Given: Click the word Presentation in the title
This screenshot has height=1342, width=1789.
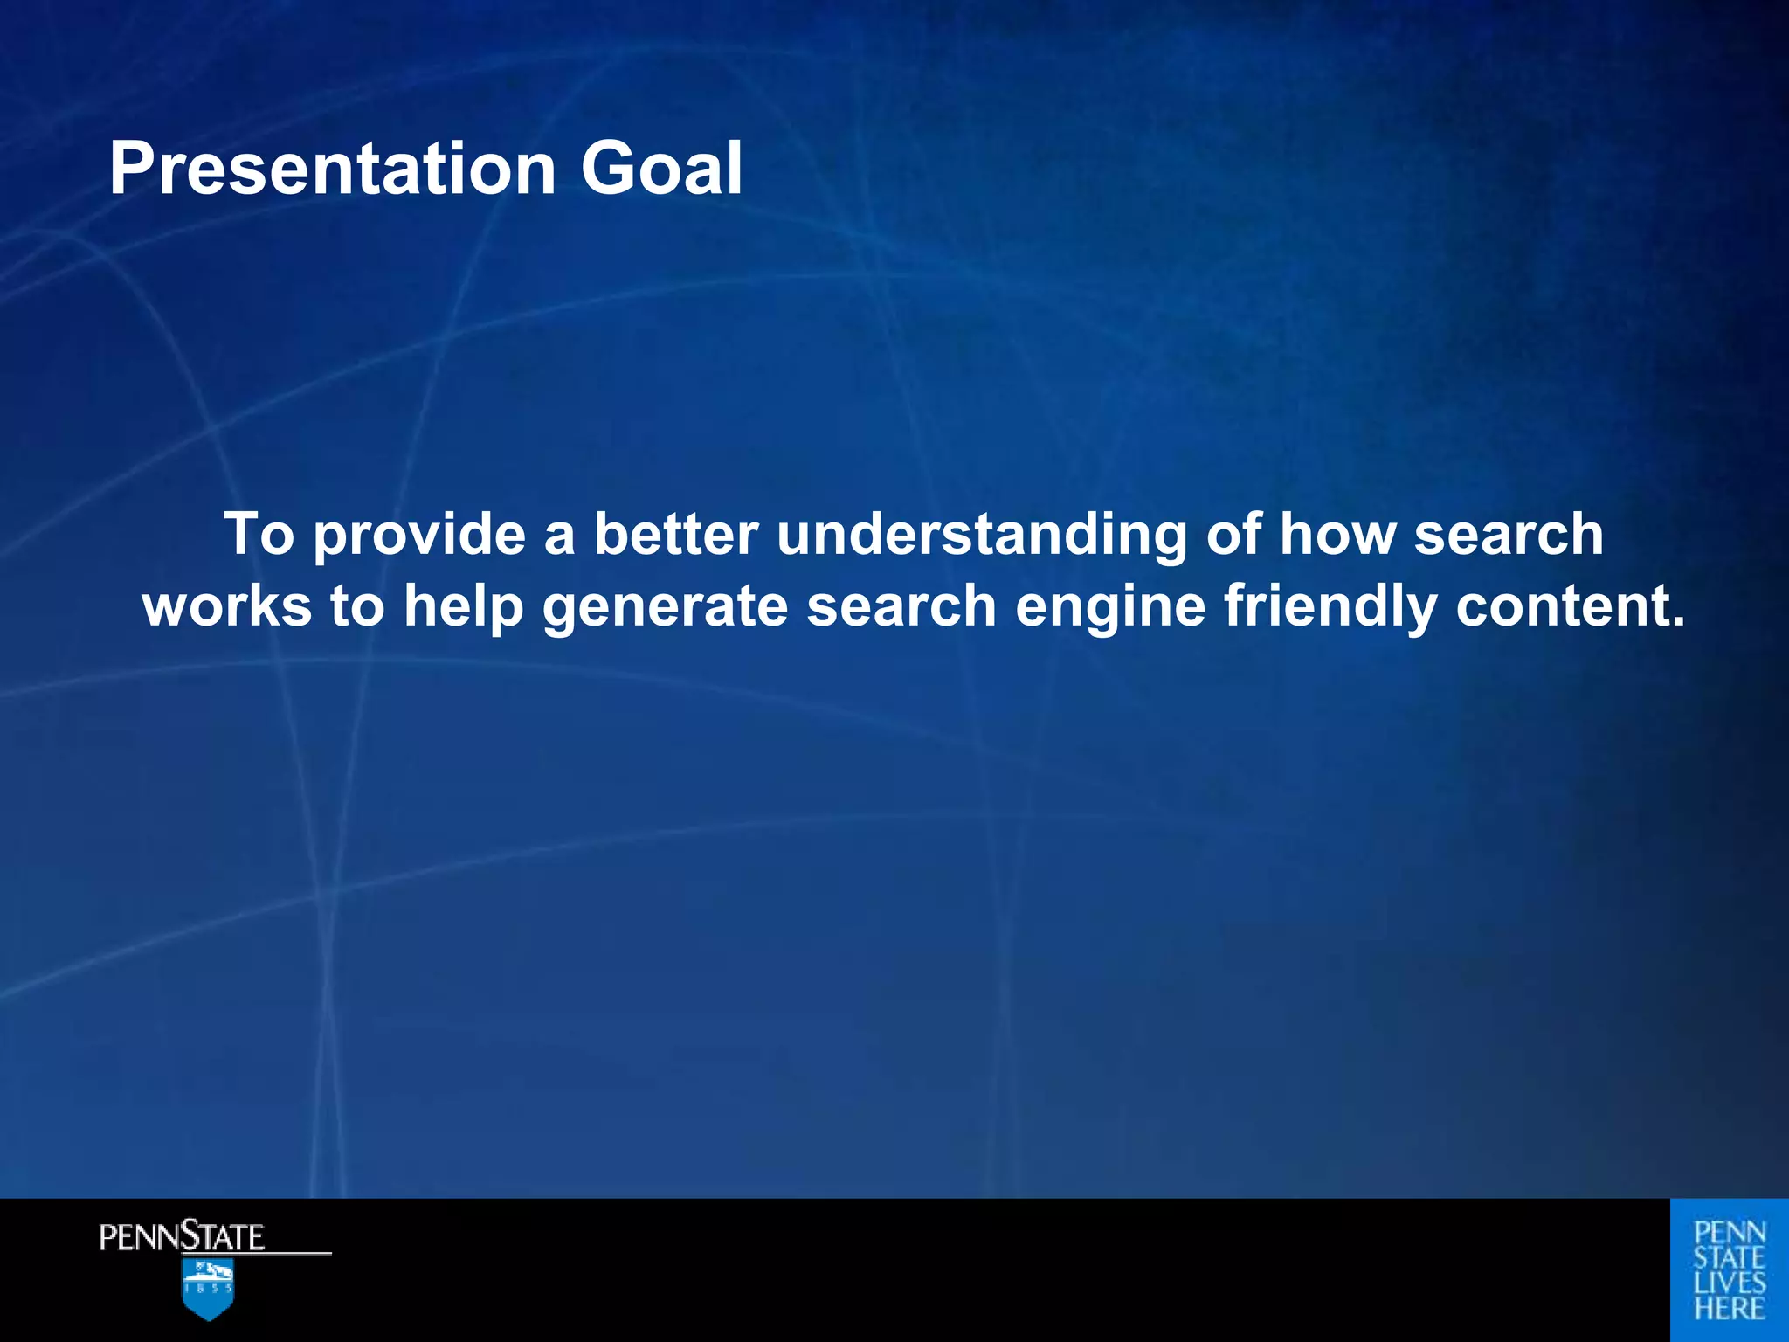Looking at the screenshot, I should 332,169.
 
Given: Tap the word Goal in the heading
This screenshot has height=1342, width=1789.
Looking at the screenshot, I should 661,169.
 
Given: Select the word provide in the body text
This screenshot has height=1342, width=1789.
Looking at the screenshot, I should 420,535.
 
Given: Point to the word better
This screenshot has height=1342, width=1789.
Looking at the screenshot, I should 676,535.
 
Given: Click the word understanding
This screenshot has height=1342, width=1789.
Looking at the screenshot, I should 982,535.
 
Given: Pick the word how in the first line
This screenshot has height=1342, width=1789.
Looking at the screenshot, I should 1337,535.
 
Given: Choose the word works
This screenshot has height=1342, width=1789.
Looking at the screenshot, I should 227,606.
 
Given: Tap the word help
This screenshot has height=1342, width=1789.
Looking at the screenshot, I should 463,606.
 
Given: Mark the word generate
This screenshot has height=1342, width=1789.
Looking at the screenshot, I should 666,606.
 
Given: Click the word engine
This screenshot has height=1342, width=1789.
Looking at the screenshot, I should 1110,606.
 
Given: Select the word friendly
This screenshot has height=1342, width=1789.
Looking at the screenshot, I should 1330,606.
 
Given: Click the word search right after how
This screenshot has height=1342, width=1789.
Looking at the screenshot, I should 1509,535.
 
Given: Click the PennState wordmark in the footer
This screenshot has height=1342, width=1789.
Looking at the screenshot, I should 182,1237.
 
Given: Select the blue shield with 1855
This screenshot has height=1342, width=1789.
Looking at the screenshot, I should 208,1289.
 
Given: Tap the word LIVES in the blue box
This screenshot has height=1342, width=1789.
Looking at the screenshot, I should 1730,1283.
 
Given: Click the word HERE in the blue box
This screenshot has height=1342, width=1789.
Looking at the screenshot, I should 1730,1309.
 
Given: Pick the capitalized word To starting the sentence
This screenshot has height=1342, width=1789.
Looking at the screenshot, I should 259,535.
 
